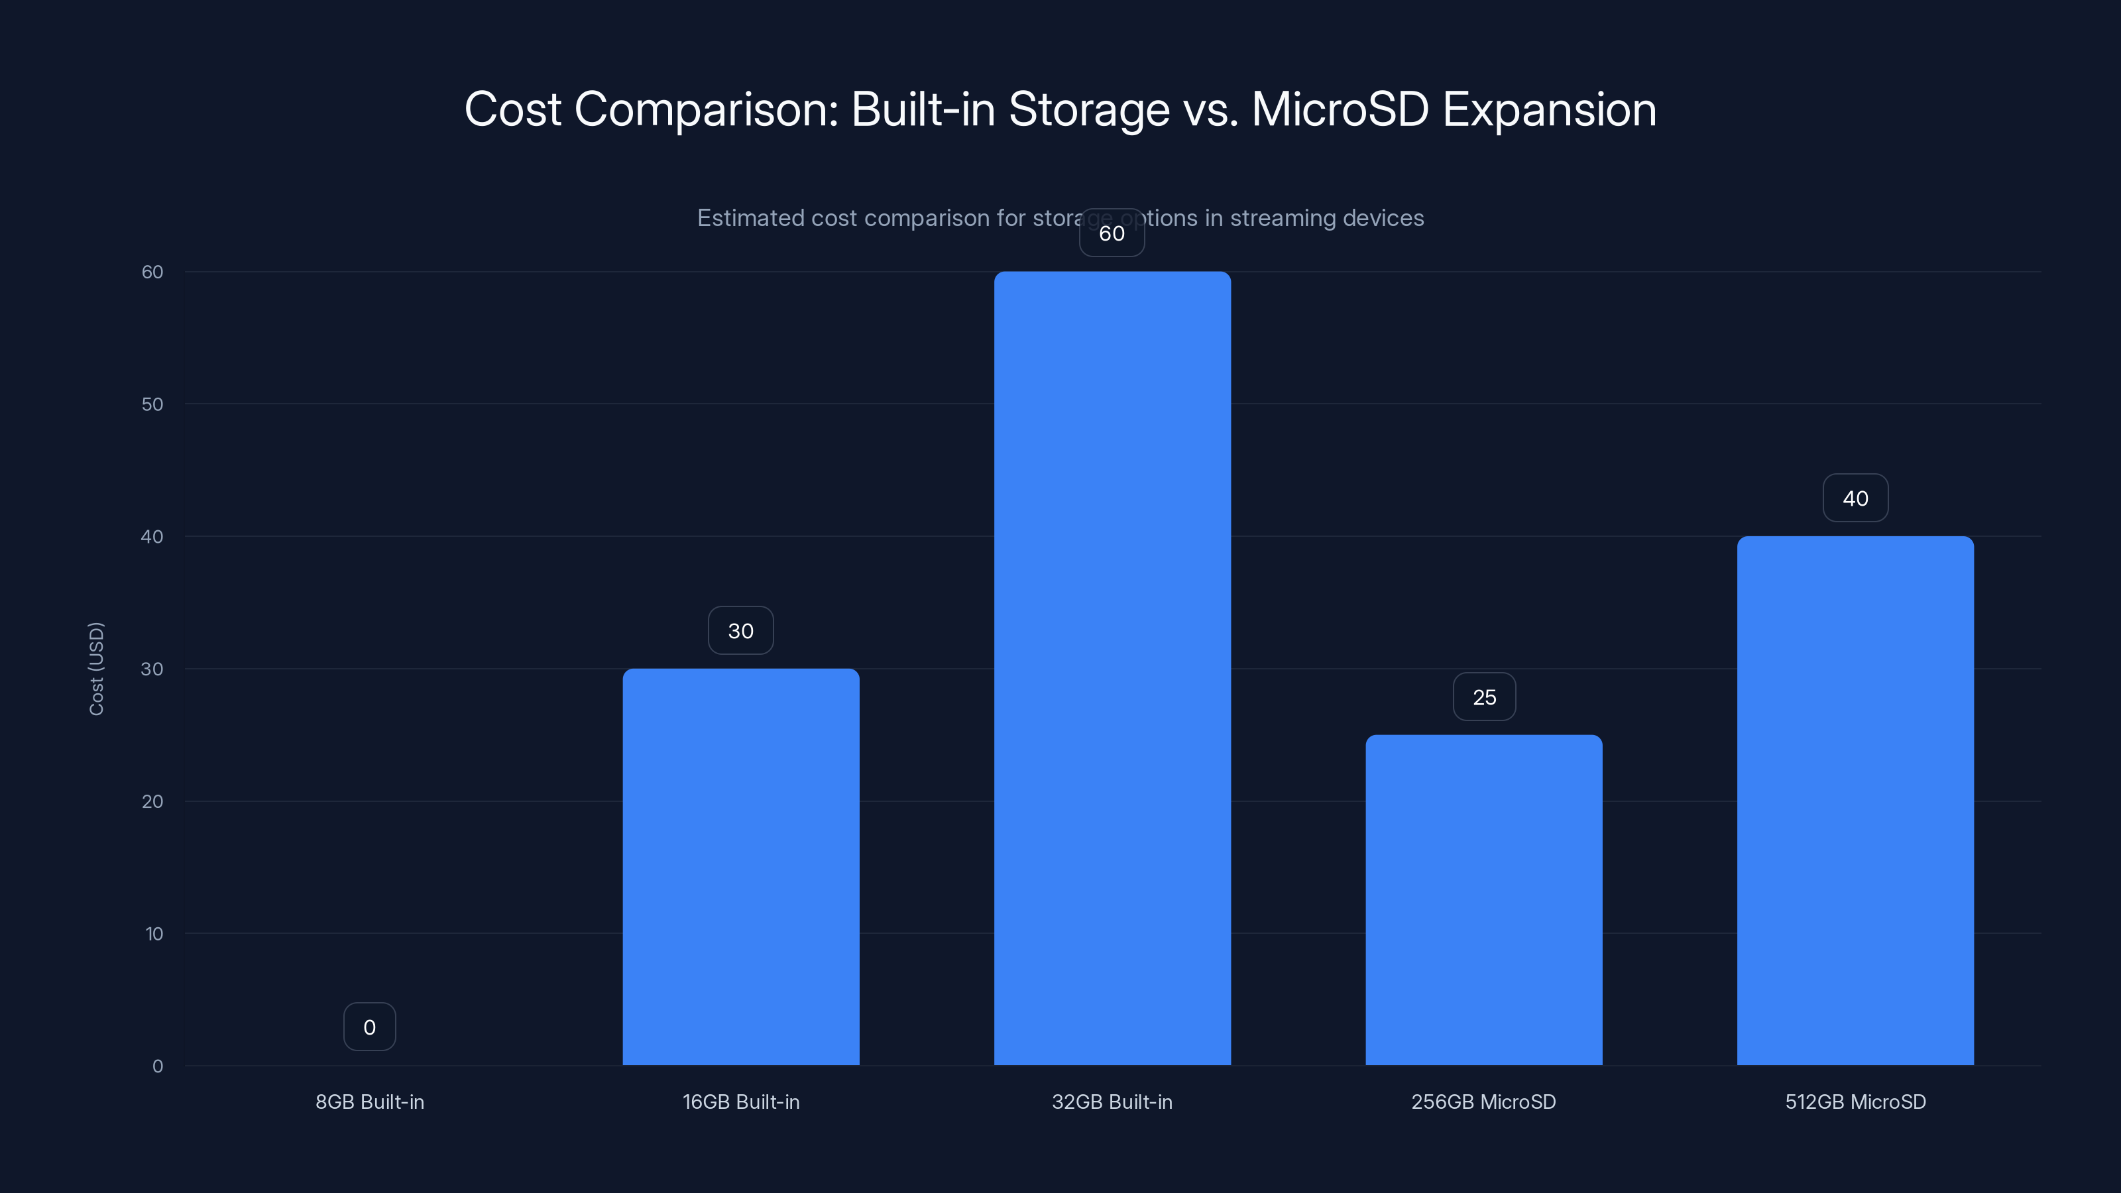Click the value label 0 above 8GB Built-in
click(x=370, y=1027)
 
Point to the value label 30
click(x=740, y=631)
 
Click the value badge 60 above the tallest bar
click(x=1112, y=233)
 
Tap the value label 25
click(x=1484, y=697)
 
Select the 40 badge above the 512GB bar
click(x=1855, y=498)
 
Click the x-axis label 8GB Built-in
click(x=370, y=1102)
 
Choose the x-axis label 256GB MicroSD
click(x=1484, y=1102)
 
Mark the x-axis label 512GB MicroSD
click(x=1855, y=1102)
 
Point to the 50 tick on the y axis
click(x=152, y=404)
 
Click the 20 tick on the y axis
click(x=152, y=801)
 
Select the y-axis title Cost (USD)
click(x=96, y=669)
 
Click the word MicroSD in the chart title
click(x=1340, y=109)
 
